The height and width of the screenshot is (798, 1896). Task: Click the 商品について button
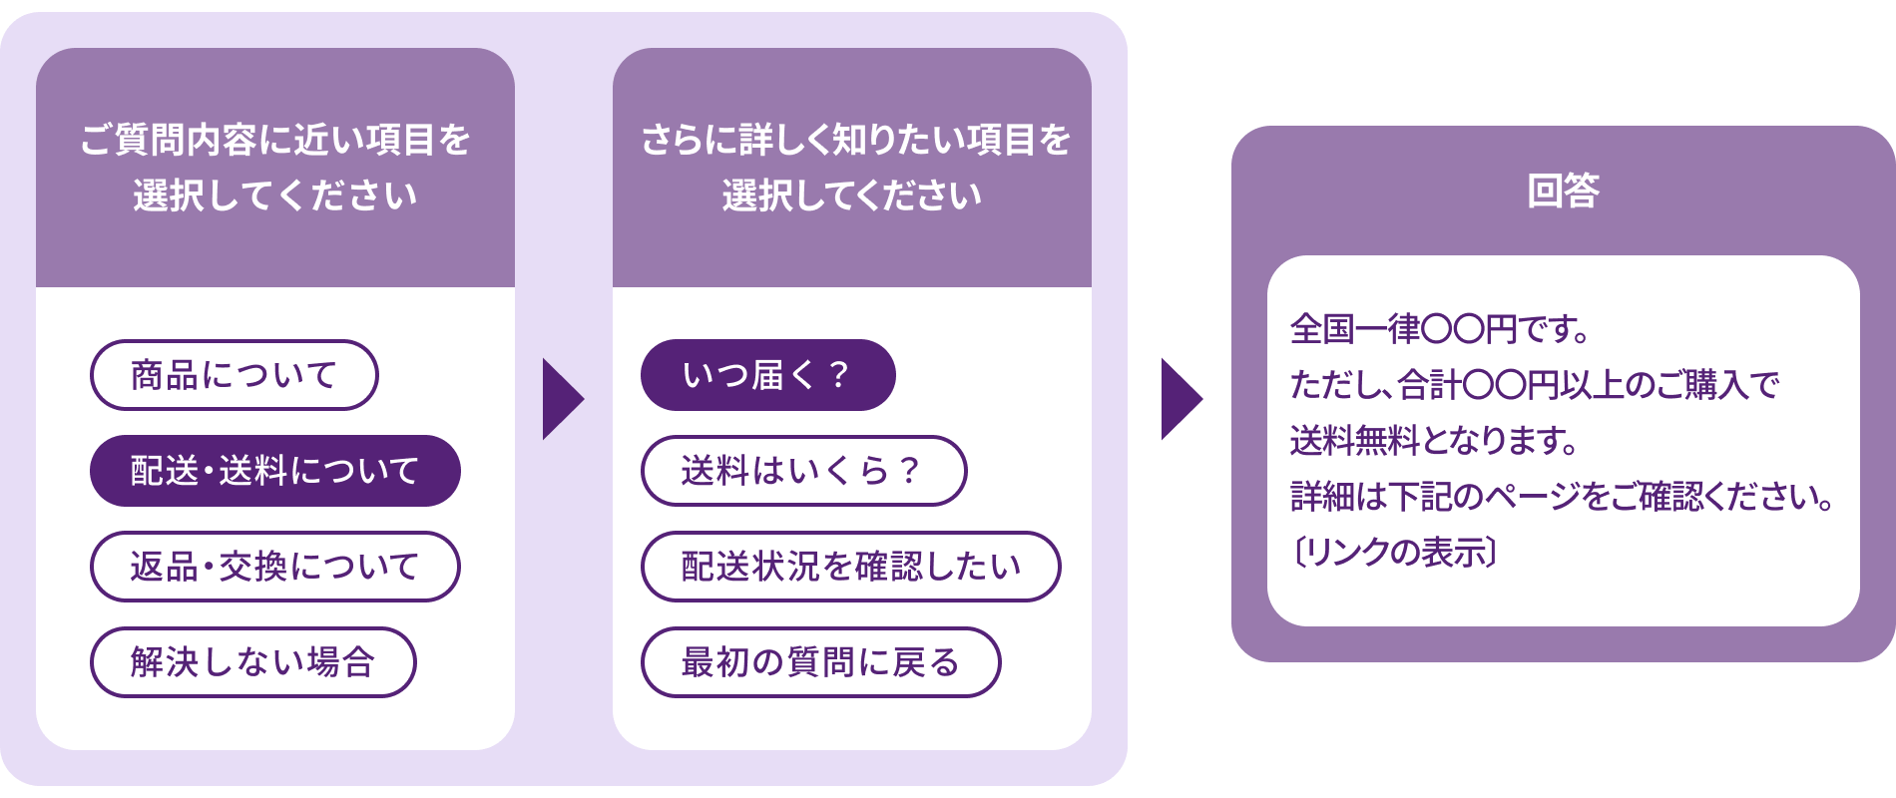pos(235,375)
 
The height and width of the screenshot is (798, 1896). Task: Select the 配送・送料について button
pos(275,471)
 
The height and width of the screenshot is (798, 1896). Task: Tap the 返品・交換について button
pos(275,567)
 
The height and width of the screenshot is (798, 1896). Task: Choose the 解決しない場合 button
pos(253,662)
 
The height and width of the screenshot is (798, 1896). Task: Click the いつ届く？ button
pos(767,375)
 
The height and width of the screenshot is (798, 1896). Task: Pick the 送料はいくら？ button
pos(803,471)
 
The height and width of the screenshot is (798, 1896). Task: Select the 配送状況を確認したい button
pos(850,567)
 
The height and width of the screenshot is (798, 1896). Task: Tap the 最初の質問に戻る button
pos(820,662)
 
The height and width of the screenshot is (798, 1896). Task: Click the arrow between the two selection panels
pos(562,399)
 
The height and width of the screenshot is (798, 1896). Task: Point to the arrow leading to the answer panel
pos(1181,399)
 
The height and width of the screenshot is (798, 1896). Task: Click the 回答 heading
pos(1563,191)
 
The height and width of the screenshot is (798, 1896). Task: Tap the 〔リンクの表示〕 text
pos(1394,552)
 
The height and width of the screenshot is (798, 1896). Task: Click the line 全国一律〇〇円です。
pos(1439,328)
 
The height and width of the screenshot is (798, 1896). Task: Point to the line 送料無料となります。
pos(1434,440)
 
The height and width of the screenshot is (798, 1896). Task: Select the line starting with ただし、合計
pos(1535,384)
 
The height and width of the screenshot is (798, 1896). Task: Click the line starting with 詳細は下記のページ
pos(1562,496)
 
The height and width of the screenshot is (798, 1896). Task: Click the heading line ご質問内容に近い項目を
pos(275,140)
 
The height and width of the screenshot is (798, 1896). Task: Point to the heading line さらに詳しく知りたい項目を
pos(855,140)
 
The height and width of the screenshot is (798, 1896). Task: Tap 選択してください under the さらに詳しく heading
pos(852,196)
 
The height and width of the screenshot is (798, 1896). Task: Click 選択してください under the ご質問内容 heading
pos(275,196)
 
